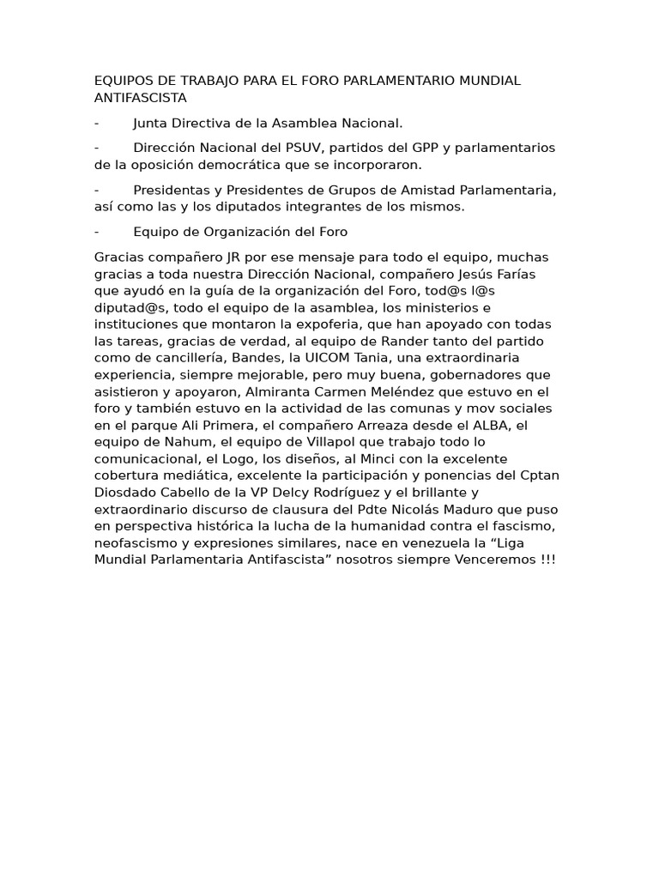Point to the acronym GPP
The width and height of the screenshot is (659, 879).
point(408,148)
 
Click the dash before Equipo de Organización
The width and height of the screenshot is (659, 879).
point(97,232)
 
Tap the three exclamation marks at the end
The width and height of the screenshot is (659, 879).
point(547,559)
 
